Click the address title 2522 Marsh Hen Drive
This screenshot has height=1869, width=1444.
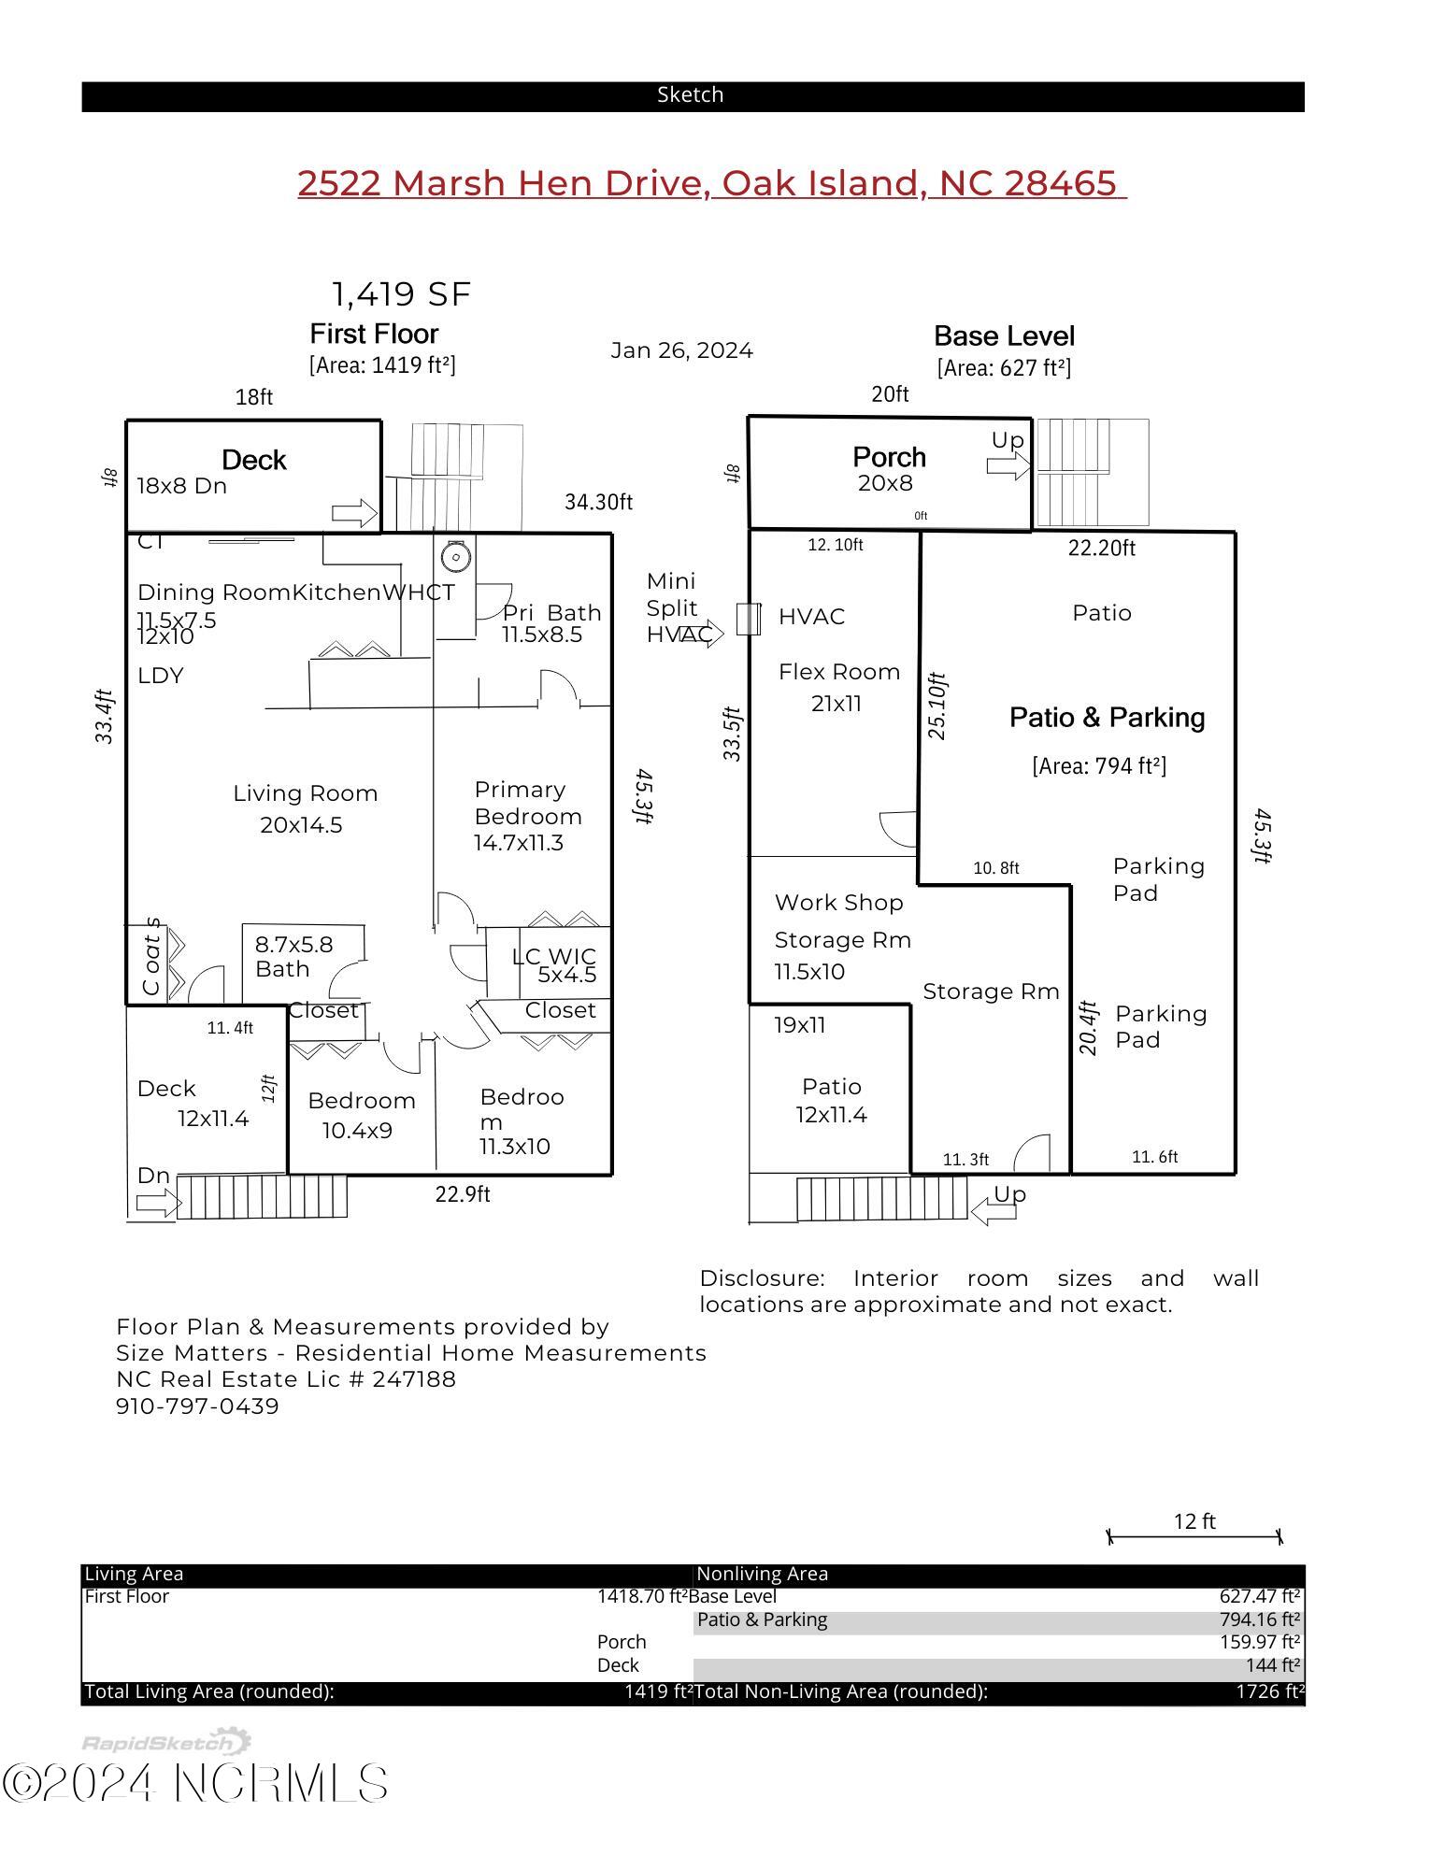(x=711, y=183)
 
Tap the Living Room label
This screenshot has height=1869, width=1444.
(x=305, y=793)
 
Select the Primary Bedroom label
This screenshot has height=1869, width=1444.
(x=527, y=803)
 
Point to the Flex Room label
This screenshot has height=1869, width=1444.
(x=838, y=672)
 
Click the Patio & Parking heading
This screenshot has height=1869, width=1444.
(x=1107, y=718)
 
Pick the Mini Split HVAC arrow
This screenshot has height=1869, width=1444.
(x=703, y=634)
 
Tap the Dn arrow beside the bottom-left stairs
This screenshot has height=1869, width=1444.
(x=156, y=1203)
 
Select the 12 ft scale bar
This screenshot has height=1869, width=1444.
(x=1194, y=1536)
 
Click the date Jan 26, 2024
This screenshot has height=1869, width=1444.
(x=681, y=350)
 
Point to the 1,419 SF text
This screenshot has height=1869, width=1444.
(x=401, y=294)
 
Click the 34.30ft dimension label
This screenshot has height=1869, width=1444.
(x=598, y=502)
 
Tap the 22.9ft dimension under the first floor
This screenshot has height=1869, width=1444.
(x=462, y=1194)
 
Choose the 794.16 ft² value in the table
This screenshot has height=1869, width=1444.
(x=1259, y=1619)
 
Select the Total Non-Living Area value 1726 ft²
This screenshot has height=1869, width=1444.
(x=1270, y=1691)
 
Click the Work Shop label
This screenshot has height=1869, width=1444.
(x=838, y=903)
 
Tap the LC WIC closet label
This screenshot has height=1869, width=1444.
(x=553, y=957)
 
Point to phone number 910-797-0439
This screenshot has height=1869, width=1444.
(x=197, y=1406)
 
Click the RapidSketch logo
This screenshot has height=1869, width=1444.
(x=165, y=1743)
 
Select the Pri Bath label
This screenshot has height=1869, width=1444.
(x=551, y=613)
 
